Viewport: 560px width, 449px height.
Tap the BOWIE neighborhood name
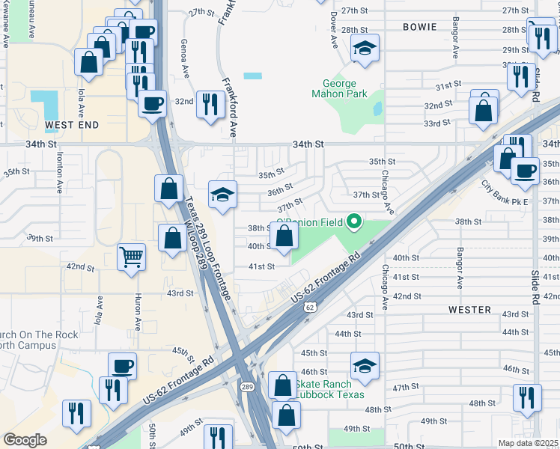click(x=419, y=27)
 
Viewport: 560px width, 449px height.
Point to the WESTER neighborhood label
click(x=469, y=309)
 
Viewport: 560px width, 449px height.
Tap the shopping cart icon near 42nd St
click(x=132, y=257)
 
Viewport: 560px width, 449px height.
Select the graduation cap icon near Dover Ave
click(x=365, y=49)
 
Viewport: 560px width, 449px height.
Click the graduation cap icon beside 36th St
click(x=222, y=195)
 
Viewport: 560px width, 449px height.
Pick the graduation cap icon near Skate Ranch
click(x=365, y=366)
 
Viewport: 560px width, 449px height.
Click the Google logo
click(x=25, y=440)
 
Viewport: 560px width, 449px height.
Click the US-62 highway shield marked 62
click(x=310, y=307)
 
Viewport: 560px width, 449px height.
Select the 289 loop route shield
click(x=247, y=387)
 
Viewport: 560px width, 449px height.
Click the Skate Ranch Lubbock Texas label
click(x=329, y=389)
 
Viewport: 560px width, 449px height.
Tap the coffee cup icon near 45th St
click(x=123, y=366)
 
